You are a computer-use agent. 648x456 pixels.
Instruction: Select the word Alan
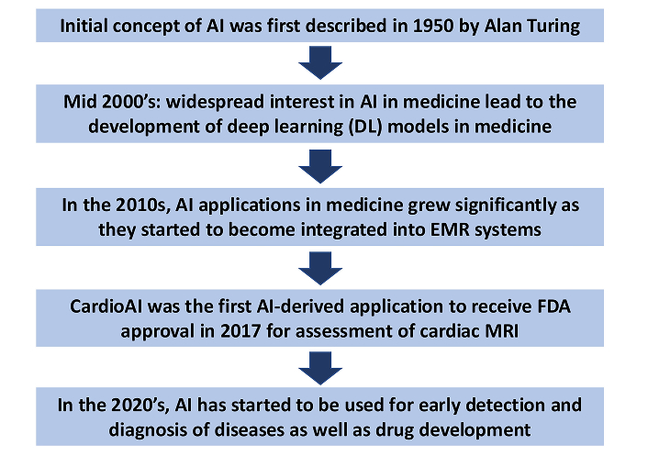499,26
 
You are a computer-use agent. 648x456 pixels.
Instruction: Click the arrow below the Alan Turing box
320,62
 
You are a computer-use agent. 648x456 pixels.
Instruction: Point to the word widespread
215,102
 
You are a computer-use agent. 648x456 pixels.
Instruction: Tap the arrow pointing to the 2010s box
320,166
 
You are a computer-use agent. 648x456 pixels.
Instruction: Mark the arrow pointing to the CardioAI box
320,269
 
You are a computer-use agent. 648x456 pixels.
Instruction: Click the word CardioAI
106,306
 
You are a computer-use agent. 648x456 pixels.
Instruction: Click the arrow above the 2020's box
320,368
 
